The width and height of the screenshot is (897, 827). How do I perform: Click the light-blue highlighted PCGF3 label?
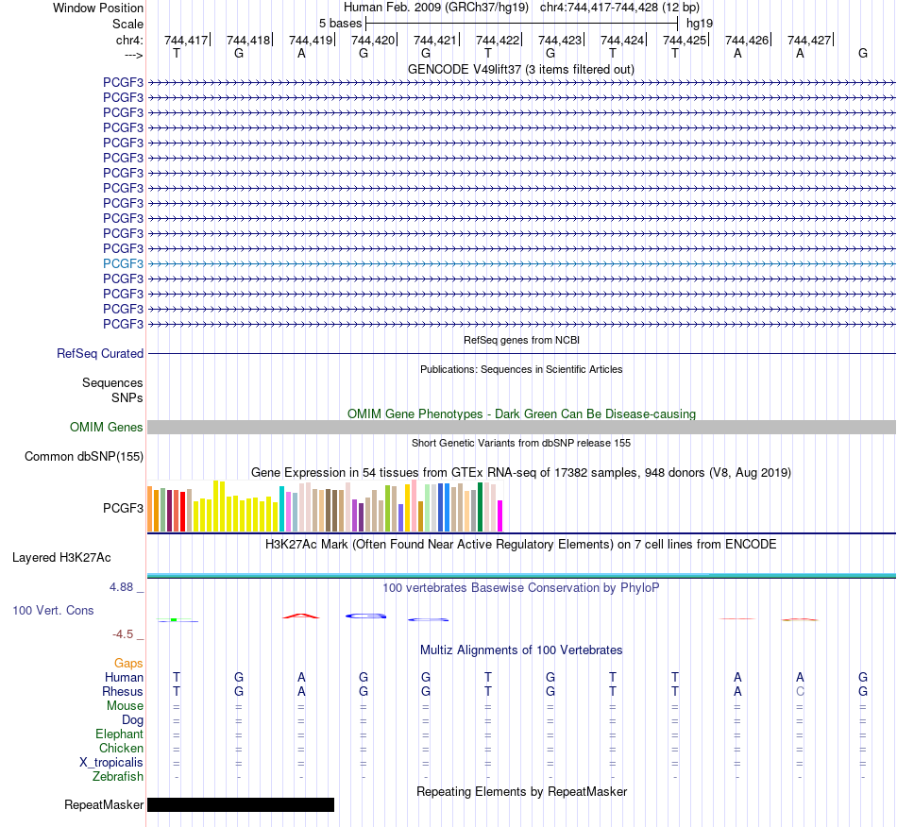coord(123,263)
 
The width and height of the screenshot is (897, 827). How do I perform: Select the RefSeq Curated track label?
coord(100,353)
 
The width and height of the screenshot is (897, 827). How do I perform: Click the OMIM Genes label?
coord(107,428)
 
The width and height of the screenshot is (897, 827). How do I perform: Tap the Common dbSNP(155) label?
coord(84,456)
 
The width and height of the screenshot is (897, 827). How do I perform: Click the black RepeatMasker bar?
coord(241,804)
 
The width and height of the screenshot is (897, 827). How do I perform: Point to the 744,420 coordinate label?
coord(373,40)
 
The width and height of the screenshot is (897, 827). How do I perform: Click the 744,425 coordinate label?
coord(685,40)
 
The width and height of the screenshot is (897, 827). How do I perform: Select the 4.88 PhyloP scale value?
coord(121,587)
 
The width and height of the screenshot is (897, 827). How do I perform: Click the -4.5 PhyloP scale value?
coord(123,634)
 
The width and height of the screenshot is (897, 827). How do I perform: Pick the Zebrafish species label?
coord(118,777)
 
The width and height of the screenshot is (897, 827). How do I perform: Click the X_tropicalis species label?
coord(111,763)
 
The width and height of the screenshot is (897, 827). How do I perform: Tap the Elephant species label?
coord(120,734)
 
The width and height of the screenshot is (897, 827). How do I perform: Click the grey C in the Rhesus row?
coord(800,691)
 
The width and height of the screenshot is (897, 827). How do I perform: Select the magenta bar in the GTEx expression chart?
coord(500,515)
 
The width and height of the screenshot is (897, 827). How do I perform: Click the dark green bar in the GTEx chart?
coord(480,507)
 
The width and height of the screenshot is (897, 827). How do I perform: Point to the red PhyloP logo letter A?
coord(301,616)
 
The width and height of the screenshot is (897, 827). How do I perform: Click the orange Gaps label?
coord(128,663)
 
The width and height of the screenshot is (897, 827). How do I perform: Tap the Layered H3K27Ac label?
coord(61,558)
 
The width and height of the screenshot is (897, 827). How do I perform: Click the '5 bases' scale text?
coord(340,24)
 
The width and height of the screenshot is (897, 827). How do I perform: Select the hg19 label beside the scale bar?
coord(700,24)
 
